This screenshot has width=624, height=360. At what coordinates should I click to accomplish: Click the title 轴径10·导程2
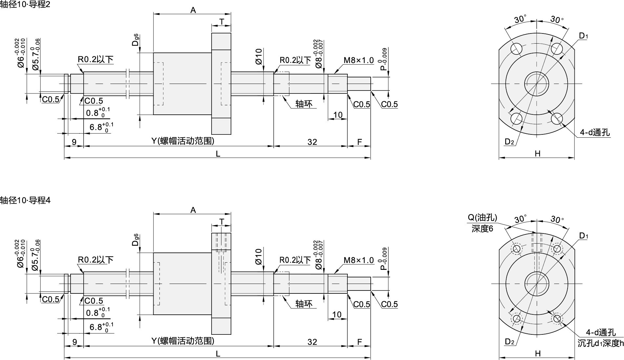click(x=25, y=5)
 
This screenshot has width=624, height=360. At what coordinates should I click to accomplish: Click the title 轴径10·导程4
click(x=25, y=200)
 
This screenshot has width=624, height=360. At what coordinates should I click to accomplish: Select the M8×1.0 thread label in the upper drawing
click(x=359, y=60)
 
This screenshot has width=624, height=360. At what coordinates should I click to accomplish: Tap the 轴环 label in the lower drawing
click(x=304, y=304)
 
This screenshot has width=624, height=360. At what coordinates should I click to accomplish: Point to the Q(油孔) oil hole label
click(x=482, y=217)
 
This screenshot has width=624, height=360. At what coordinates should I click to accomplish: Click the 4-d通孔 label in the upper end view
click(x=594, y=132)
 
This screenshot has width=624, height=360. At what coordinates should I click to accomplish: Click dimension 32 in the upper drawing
click(x=312, y=142)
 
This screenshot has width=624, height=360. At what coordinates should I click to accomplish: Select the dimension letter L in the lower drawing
click(x=218, y=353)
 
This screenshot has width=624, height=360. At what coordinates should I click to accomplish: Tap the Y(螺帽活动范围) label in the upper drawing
click(x=183, y=141)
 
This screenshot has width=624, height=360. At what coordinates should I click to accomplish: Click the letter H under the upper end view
click(x=537, y=153)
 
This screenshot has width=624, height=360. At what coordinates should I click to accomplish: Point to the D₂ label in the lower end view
click(x=509, y=342)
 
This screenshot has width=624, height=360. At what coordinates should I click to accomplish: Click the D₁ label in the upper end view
click(x=583, y=36)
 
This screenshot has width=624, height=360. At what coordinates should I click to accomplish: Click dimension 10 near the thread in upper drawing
click(x=338, y=115)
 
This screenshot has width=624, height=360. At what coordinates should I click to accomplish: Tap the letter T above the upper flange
click(x=222, y=22)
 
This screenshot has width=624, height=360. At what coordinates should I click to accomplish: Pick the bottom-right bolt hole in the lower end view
click(x=557, y=318)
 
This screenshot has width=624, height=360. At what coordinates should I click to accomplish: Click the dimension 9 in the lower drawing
click(x=74, y=342)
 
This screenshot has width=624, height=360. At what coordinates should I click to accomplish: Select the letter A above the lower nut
click(x=193, y=210)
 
